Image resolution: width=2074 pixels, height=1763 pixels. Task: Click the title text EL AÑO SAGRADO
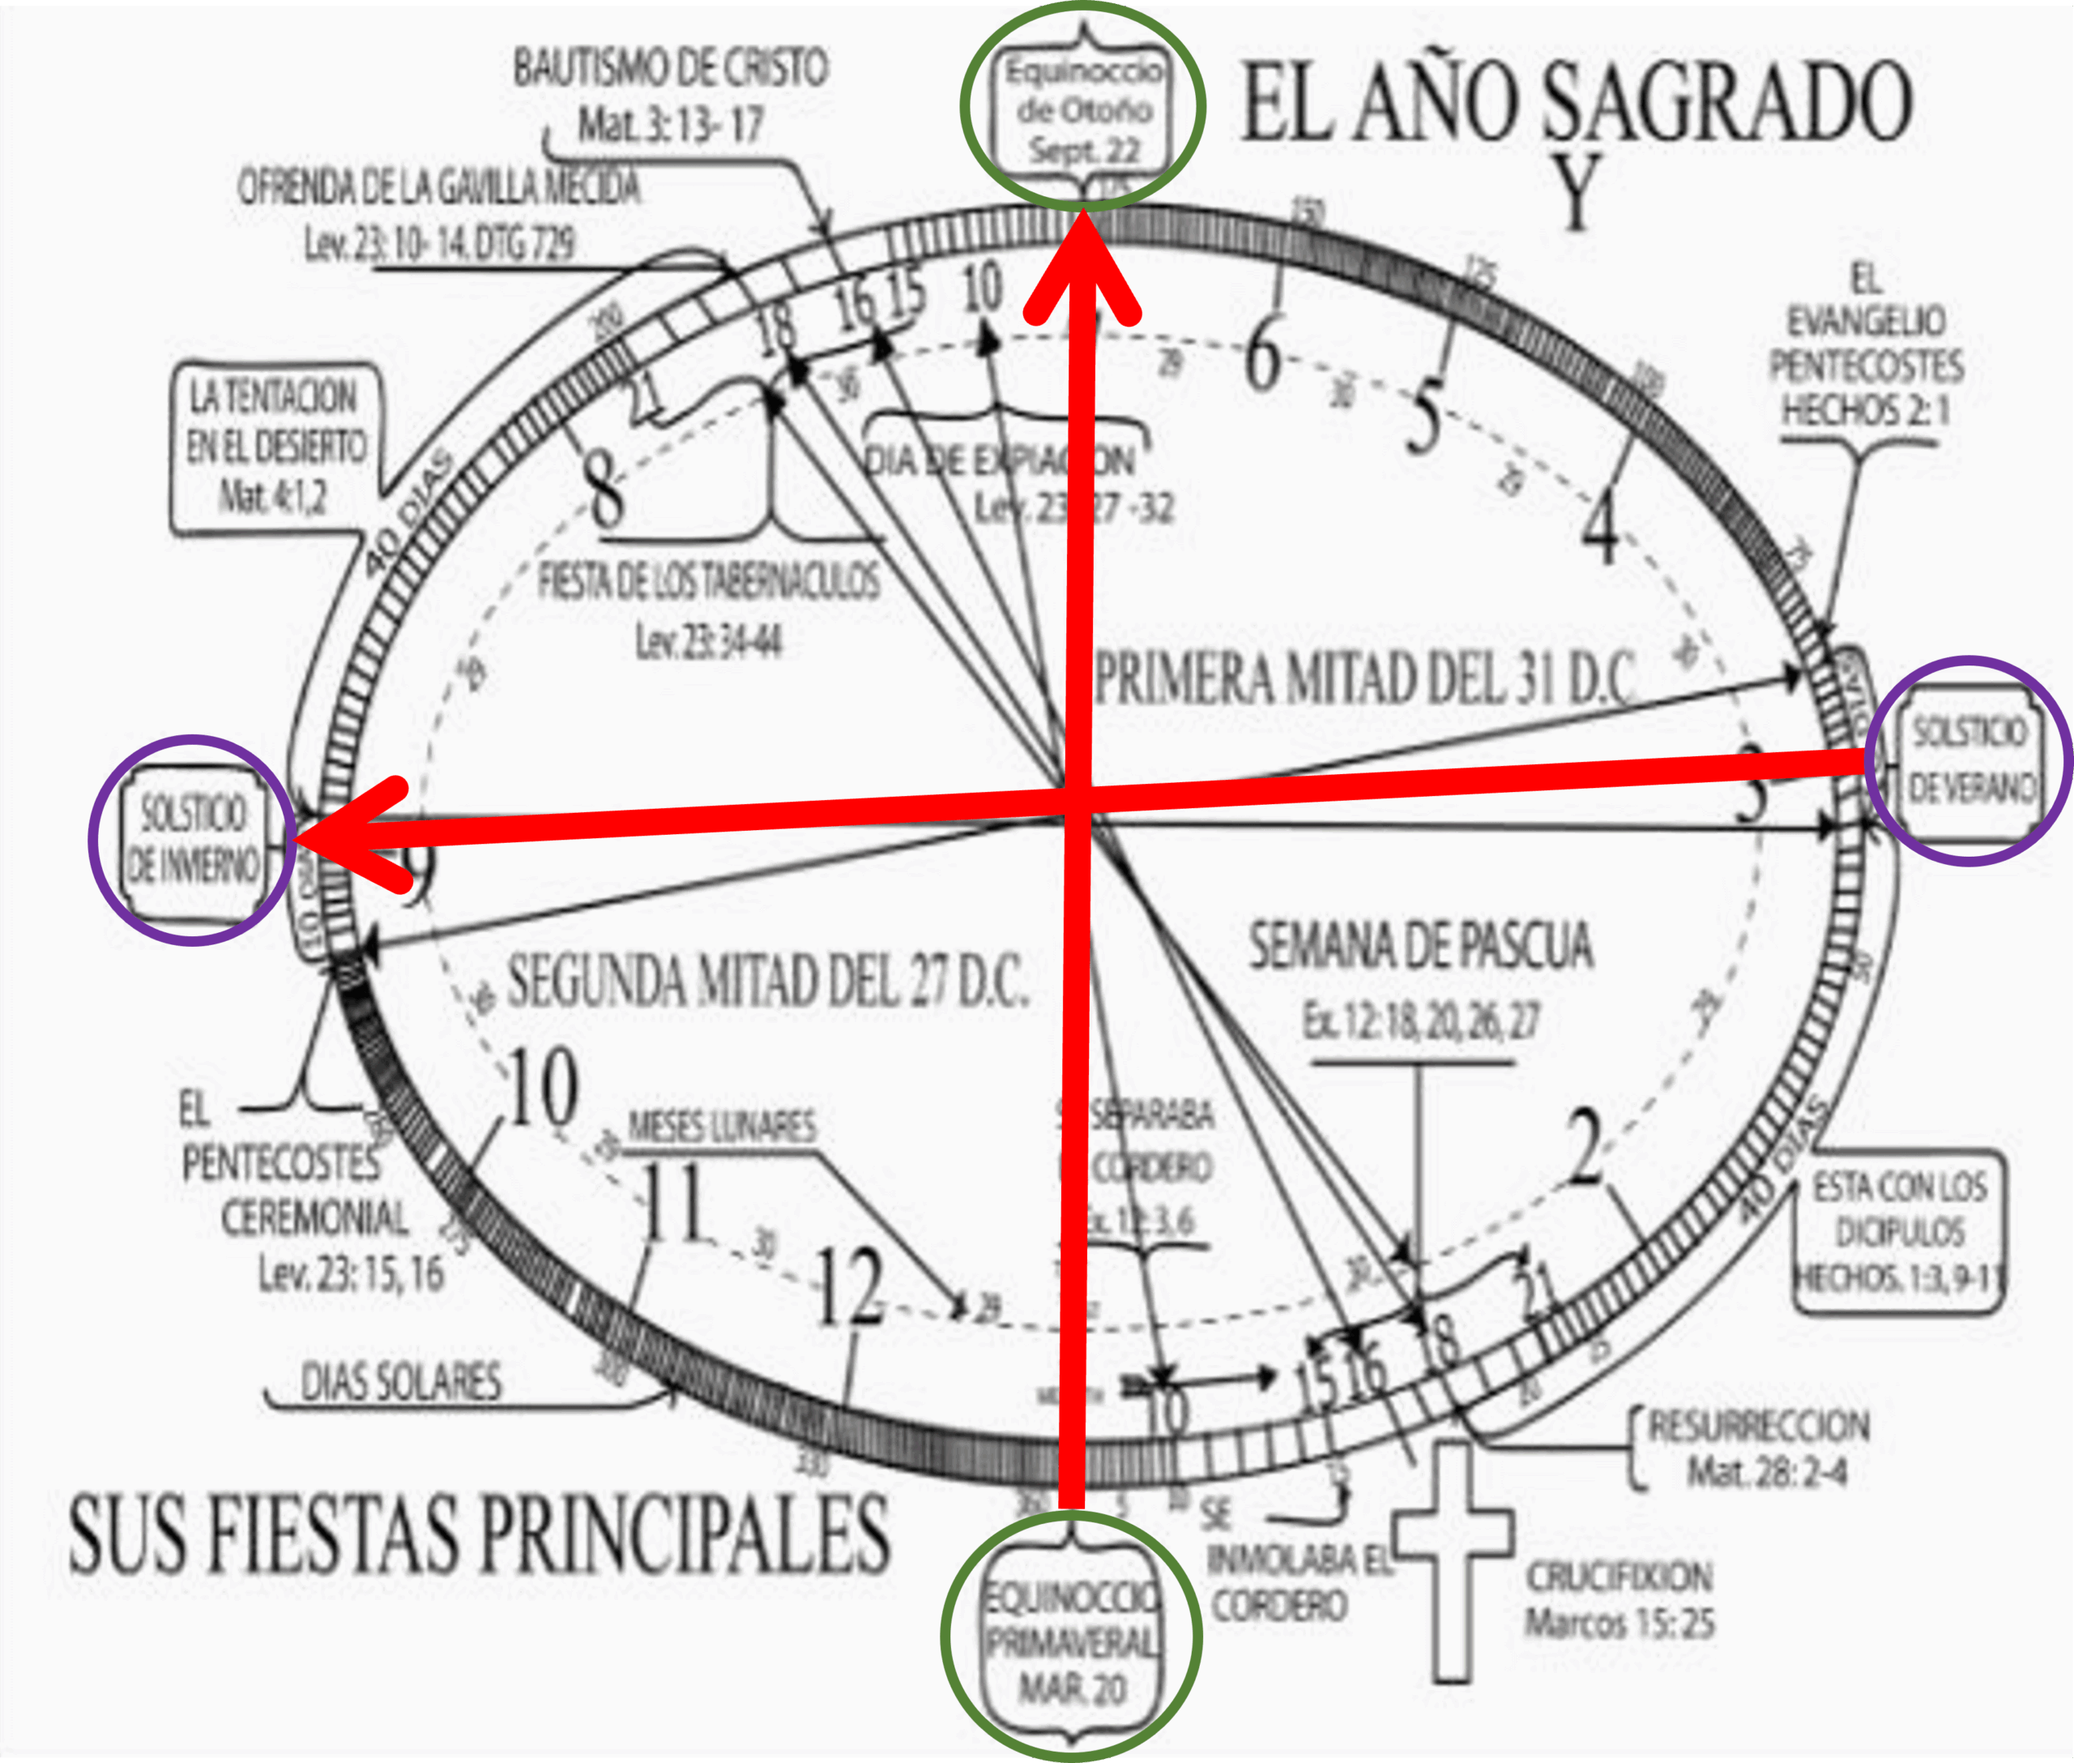tap(1577, 102)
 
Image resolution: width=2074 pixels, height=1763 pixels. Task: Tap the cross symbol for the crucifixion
tap(1452, 1559)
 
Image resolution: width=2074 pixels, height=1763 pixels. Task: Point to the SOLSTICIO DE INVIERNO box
tap(192, 841)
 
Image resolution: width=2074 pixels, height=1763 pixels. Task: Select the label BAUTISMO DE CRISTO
tap(670, 68)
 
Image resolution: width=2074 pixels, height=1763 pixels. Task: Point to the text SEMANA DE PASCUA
tap(1421, 947)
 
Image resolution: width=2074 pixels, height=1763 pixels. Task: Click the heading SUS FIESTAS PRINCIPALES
tap(477, 1534)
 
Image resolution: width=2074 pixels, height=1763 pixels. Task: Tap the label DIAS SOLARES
tap(400, 1382)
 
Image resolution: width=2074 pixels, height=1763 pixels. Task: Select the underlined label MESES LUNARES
tap(721, 1127)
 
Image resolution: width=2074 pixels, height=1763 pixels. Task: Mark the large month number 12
tap(849, 1290)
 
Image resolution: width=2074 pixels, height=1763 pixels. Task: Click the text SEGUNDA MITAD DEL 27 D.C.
tap(767, 981)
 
